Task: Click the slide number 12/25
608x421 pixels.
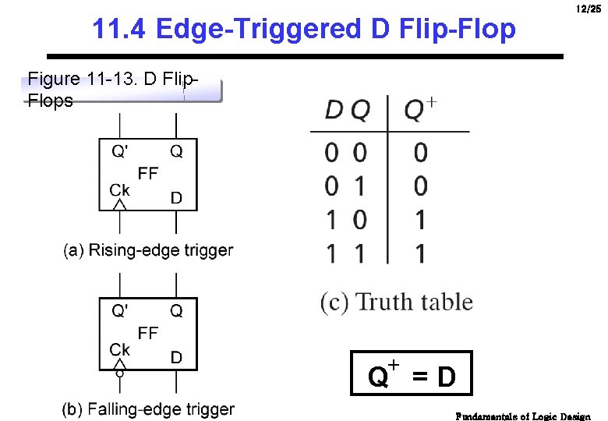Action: tap(589, 9)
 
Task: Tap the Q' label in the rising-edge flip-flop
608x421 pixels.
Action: tap(120, 152)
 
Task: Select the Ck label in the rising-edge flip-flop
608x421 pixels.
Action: tap(119, 189)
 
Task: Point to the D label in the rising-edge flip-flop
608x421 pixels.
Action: tap(176, 198)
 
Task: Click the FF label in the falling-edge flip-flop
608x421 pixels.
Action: tap(148, 333)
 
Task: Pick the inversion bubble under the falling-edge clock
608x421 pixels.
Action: tap(119, 372)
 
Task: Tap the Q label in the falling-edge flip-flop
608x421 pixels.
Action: tap(177, 311)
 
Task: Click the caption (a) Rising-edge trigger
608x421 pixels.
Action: tap(148, 250)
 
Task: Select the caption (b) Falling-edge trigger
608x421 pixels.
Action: tap(148, 409)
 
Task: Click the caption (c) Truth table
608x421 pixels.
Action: tap(397, 302)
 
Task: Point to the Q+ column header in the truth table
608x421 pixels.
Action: tap(420, 110)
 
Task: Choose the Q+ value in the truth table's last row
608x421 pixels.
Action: tap(420, 253)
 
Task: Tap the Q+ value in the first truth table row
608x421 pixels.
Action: tap(420, 153)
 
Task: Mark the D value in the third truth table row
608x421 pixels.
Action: tap(331, 220)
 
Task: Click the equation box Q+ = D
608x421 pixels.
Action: tap(412, 374)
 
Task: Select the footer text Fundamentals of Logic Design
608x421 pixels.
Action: tap(523, 416)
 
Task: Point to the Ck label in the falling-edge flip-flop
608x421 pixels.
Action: tap(119, 349)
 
